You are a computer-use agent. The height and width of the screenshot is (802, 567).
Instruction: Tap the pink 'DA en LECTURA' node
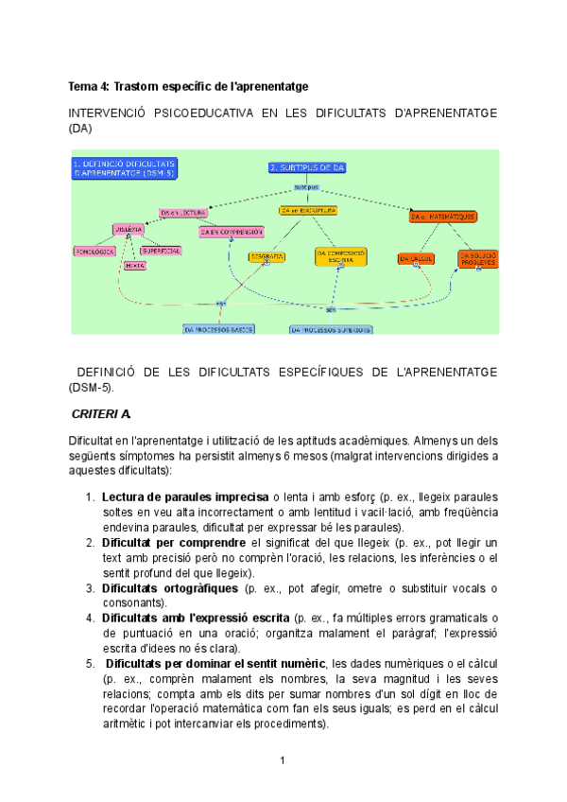(x=182, y=213)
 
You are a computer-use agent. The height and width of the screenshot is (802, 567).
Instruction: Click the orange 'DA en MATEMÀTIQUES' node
(x=443, y=217)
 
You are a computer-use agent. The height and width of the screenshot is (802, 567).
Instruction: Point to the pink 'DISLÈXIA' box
(x=129, y=230)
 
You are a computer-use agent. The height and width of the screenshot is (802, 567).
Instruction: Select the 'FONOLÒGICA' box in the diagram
(x=94, y=251)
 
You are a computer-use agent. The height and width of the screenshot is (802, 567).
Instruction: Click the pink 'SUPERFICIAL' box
(x=161, y=251)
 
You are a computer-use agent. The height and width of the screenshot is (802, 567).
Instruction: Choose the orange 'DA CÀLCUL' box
(x=416, y=257)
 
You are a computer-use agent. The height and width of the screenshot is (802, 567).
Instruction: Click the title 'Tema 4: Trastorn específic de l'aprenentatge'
(x=189, y=86)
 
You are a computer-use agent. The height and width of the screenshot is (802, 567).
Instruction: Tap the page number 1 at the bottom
(x=283, y=760)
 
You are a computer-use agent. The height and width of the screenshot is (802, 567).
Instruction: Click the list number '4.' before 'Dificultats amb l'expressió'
(x=91, y=618)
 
